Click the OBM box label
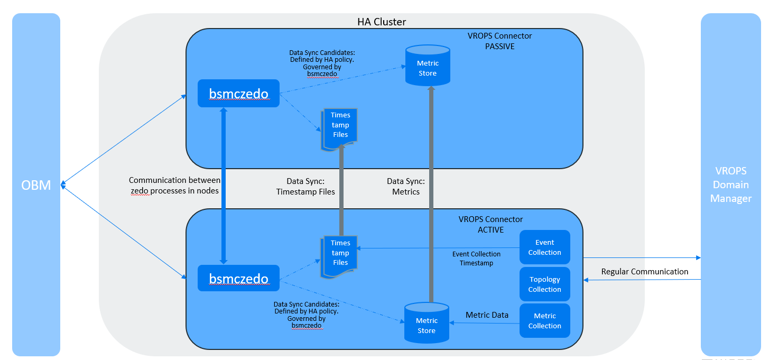[x=36, y=186]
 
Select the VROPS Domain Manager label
[x=731, y=184]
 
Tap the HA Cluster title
[x=382, y=22]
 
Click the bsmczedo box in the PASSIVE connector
[x=238, y=94]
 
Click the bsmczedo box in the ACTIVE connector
[x=238, y=278]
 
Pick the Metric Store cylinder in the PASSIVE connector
[x=428, y=66]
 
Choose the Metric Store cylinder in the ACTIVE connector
[x=427, y=322]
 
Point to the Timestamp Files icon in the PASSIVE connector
[x=340, y=127]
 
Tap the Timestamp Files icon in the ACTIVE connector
[x=340, y=255]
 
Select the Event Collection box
[x=544, y=247]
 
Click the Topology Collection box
[x=544, y=284]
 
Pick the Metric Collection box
[x=544, y=321]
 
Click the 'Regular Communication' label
[x=644, y=272]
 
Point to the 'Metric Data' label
[x=487, y=315]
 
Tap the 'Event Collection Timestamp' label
[x=476, y=259]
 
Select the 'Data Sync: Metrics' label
[x=406, y=186]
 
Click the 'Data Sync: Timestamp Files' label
[x=305, y=186]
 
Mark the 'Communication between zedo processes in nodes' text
[x=174, y=186]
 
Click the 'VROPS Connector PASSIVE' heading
[x=499, y=41]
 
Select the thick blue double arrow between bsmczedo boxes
[x=224, y=185]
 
